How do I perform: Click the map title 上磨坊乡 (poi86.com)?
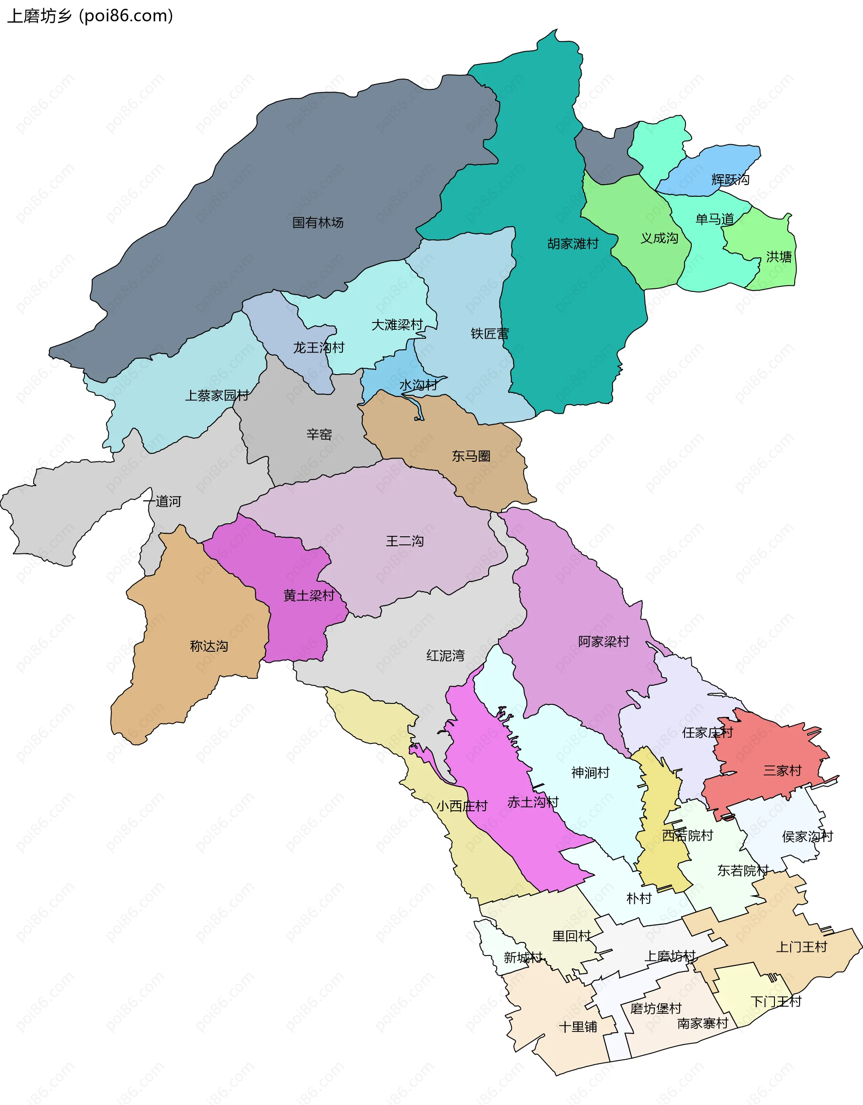coord(90,16)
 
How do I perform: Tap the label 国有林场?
coord(318,223)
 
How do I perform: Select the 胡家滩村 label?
coord(573,244)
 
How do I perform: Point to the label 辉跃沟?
coord(730,180)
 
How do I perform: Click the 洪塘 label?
coord(778,257)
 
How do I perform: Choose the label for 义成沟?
coord(659,239)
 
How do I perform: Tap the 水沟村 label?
coord(418,385)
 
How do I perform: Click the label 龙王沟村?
coord(319,348)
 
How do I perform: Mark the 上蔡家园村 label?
coord(217,396)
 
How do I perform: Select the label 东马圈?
coord(471,456)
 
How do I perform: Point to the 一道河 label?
coord(162,501)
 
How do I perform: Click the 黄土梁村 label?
coord(309,596)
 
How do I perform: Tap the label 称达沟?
coord(209,646)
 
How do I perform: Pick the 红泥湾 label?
coord(445,656)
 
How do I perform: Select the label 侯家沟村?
coord(807,836)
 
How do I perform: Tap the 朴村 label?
coord(639,898)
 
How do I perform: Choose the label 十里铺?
coord(578,1027)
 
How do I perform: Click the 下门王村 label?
coord(776,1002)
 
